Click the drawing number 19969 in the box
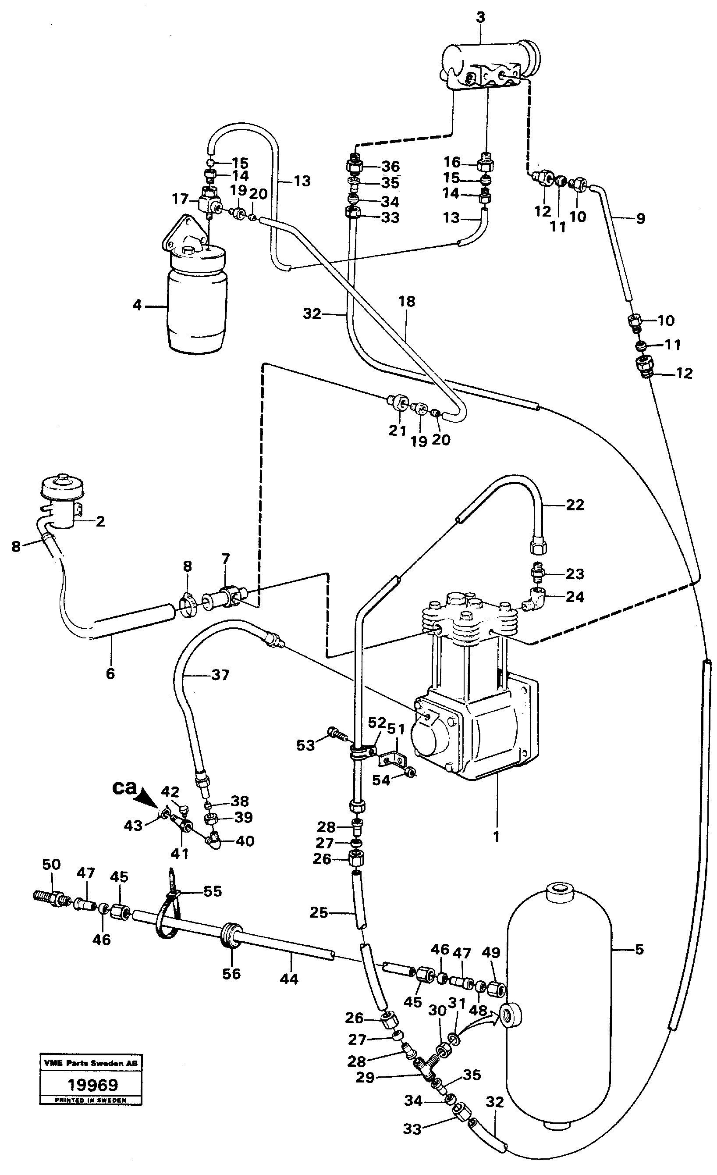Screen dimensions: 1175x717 [x=92, y=1085]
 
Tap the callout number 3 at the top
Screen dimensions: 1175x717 [x=480, y=18]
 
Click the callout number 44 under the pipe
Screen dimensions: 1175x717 [x=289, y=979]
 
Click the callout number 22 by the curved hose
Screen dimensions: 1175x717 [x=575, y=505]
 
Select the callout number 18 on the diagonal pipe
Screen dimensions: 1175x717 [x=407, y=301]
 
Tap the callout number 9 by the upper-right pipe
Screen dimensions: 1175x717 [x=640, y=218]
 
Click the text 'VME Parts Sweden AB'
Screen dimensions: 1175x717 [x=90, y=1063]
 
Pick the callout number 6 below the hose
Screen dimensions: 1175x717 [x=110, y=673]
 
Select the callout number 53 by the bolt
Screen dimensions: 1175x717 [x=305, y=745]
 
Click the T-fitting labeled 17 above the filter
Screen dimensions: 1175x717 [x=209, y=203]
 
